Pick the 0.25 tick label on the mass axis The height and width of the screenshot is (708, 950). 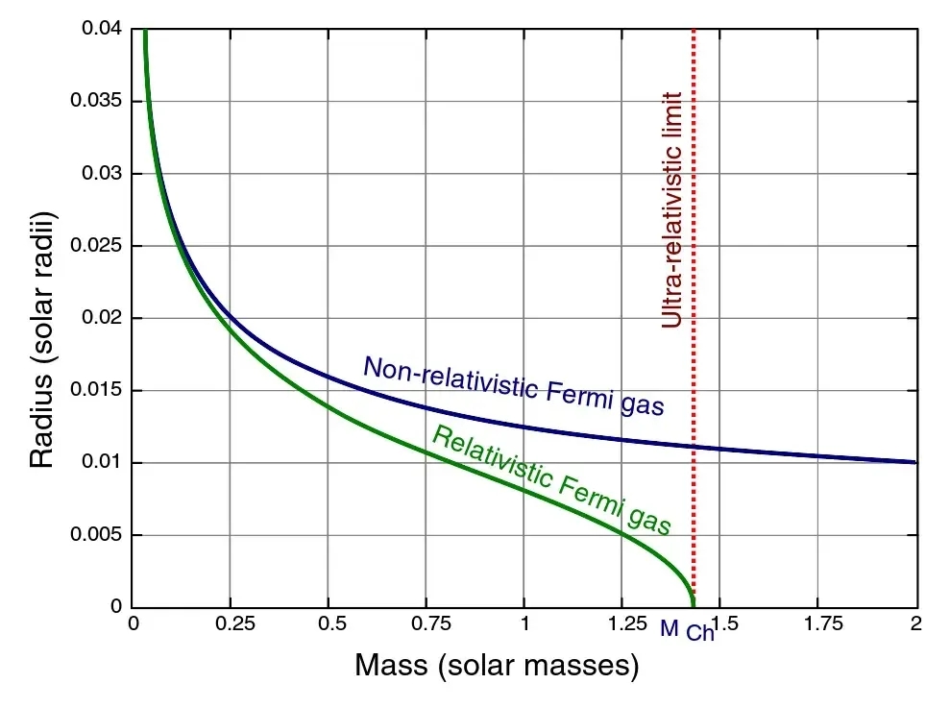[230, 624]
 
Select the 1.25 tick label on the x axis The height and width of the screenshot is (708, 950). [622, 624]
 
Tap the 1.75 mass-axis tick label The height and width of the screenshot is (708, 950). [818, 624]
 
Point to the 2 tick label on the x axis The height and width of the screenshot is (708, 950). [916, 624]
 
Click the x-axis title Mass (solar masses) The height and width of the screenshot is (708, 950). [497, 665]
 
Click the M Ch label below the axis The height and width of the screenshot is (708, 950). [687, 631]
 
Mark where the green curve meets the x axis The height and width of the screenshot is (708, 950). [693, 605]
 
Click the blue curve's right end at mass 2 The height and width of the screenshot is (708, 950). [915, 462]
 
